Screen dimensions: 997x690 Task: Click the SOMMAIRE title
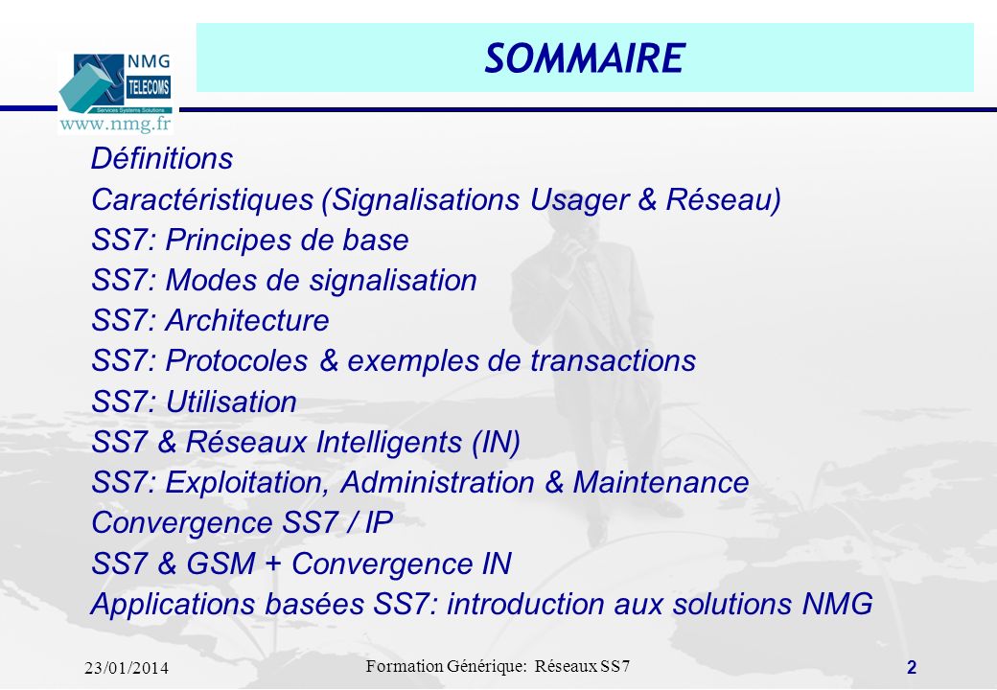tap(585, 58)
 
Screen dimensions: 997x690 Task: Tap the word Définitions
tap(162, 158)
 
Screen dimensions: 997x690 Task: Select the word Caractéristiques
tap(203, 200)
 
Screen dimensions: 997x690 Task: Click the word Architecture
tap(247, 320)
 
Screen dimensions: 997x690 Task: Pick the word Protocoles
tap(237, 361)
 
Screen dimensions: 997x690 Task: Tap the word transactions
tap(613, 361)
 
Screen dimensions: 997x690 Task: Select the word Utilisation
tap(231, 402)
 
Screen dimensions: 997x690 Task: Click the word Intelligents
tap(389, 443)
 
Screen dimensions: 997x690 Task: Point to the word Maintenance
tap(661, 482)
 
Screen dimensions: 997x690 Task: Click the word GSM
tap(220, 563)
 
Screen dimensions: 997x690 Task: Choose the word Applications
tap(174, 605)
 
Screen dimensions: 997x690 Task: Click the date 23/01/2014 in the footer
tap(127, 668)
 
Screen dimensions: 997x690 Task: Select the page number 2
tap(912, 668)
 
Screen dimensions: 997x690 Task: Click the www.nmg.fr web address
tap(115, 124)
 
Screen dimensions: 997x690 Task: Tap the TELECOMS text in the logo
tap(149, 87)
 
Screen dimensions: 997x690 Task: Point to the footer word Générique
tap(486, 666)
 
